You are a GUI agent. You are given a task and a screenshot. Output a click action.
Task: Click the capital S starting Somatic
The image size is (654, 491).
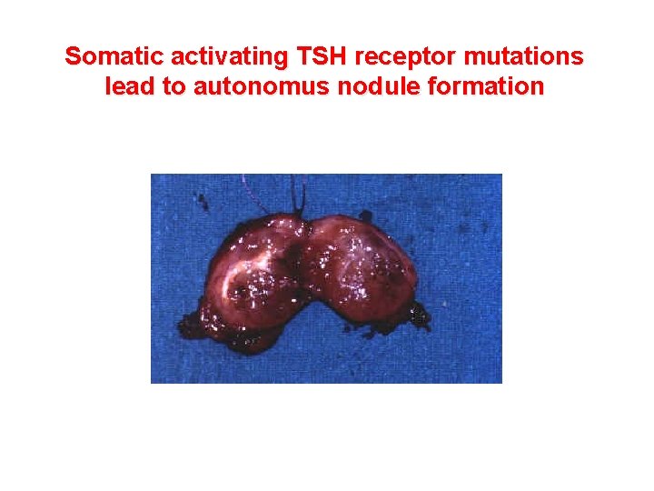click(x=74, y=56)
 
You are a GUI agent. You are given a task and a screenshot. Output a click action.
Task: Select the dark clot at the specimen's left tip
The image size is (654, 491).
click(x=192, y=322)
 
